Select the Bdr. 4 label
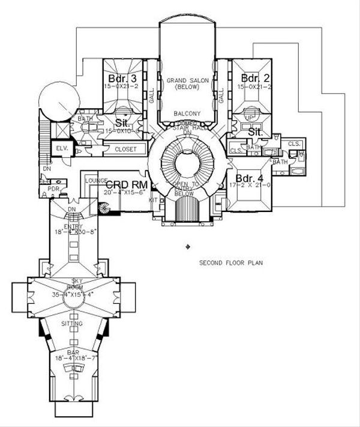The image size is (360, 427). click(x=247, y=178)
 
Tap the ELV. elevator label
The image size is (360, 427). click(x=61, y=148)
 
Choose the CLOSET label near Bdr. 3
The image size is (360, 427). click(x=125, y=148)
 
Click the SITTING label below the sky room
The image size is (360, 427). click(x=72, y=323)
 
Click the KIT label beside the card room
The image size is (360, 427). click(x=152, y=199)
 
